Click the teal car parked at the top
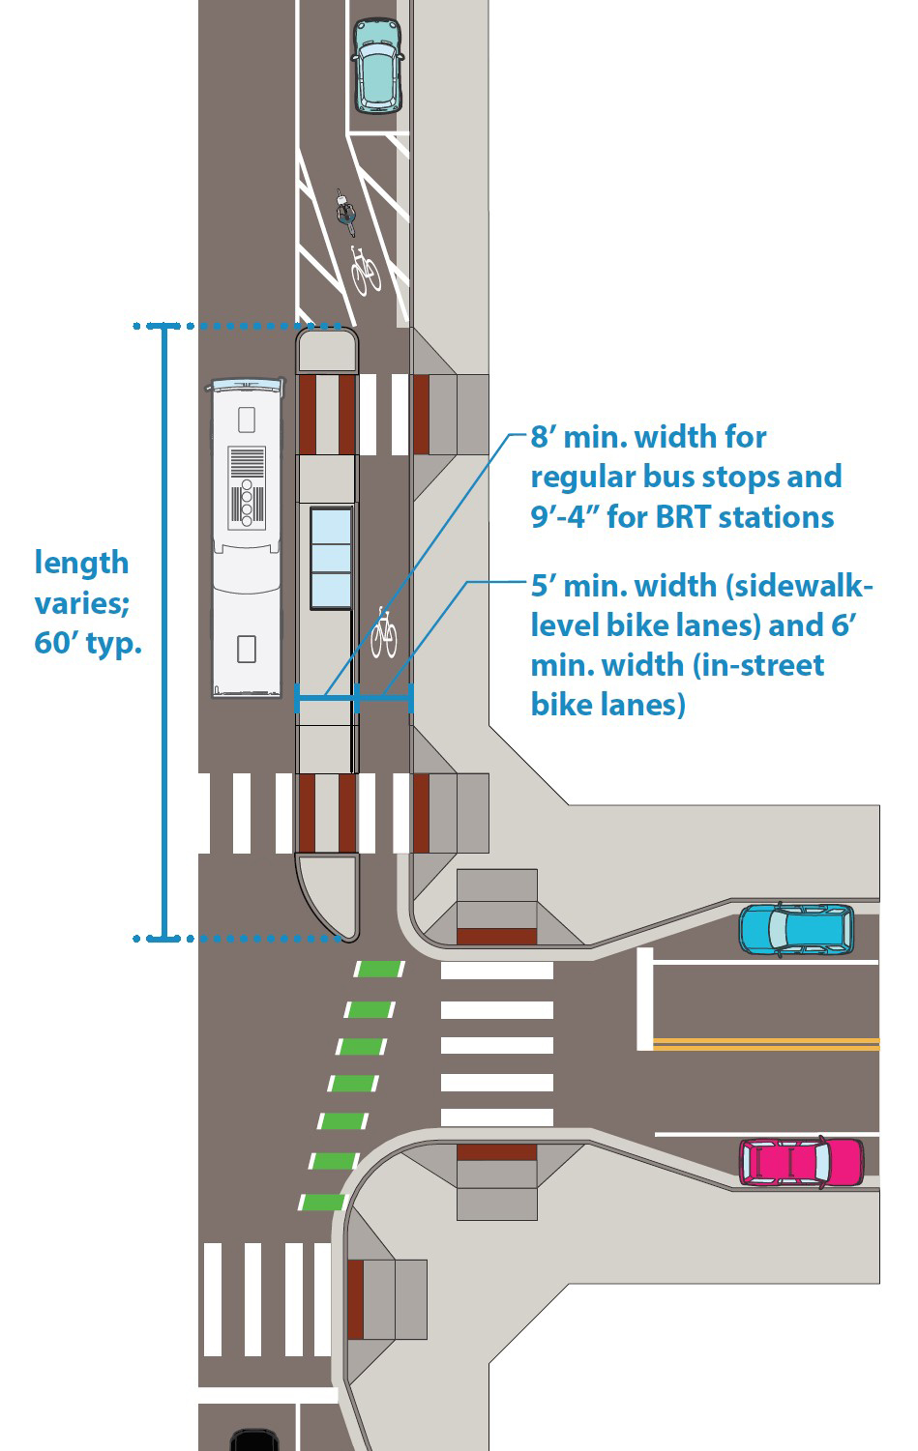click(375, 65)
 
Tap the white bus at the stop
click(247, 537)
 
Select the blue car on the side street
click(796, 929)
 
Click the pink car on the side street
click(800, 1161)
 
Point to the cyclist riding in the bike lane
click(345, 213)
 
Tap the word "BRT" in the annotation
click(685, 517)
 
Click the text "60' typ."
click(88, 643)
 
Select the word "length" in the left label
click(81, 563)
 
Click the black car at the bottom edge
click(254, 1440)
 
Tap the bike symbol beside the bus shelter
click(383, 632)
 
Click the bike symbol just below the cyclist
click(365, 270)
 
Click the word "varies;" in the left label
click(82, 603)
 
